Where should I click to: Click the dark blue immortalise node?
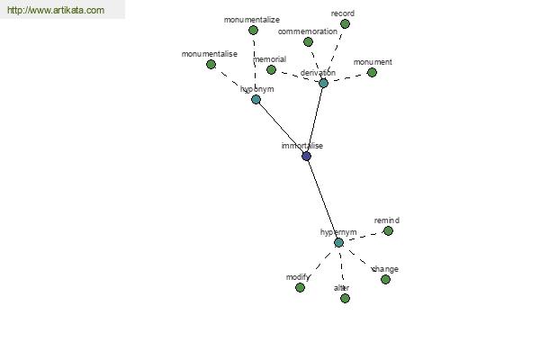tap(307, 157)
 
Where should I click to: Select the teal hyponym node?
tap(256, 100)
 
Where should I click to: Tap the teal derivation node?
tap(323, 83)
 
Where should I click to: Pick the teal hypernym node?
tap(339, 243)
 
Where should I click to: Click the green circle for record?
tap(345, 24)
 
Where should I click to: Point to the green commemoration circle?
tap(308, 42)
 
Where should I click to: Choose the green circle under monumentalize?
tap(254, 31)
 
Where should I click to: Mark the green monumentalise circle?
tap(211, 65)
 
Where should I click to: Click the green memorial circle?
tap(272, 70)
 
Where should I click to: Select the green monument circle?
tap(372, 73)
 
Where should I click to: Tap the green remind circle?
tap(389, 230)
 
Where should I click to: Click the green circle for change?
tap(386, 279)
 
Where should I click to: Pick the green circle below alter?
tap(345, 298)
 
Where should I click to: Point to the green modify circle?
tap(301, 288)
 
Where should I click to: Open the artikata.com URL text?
tap(56, 10)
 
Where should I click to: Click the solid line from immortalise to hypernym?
tap(323, 200)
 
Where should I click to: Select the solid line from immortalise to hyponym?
tap(281, 128)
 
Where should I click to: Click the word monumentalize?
tap(252, 20)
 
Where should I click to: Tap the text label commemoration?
tap(308, 31)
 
